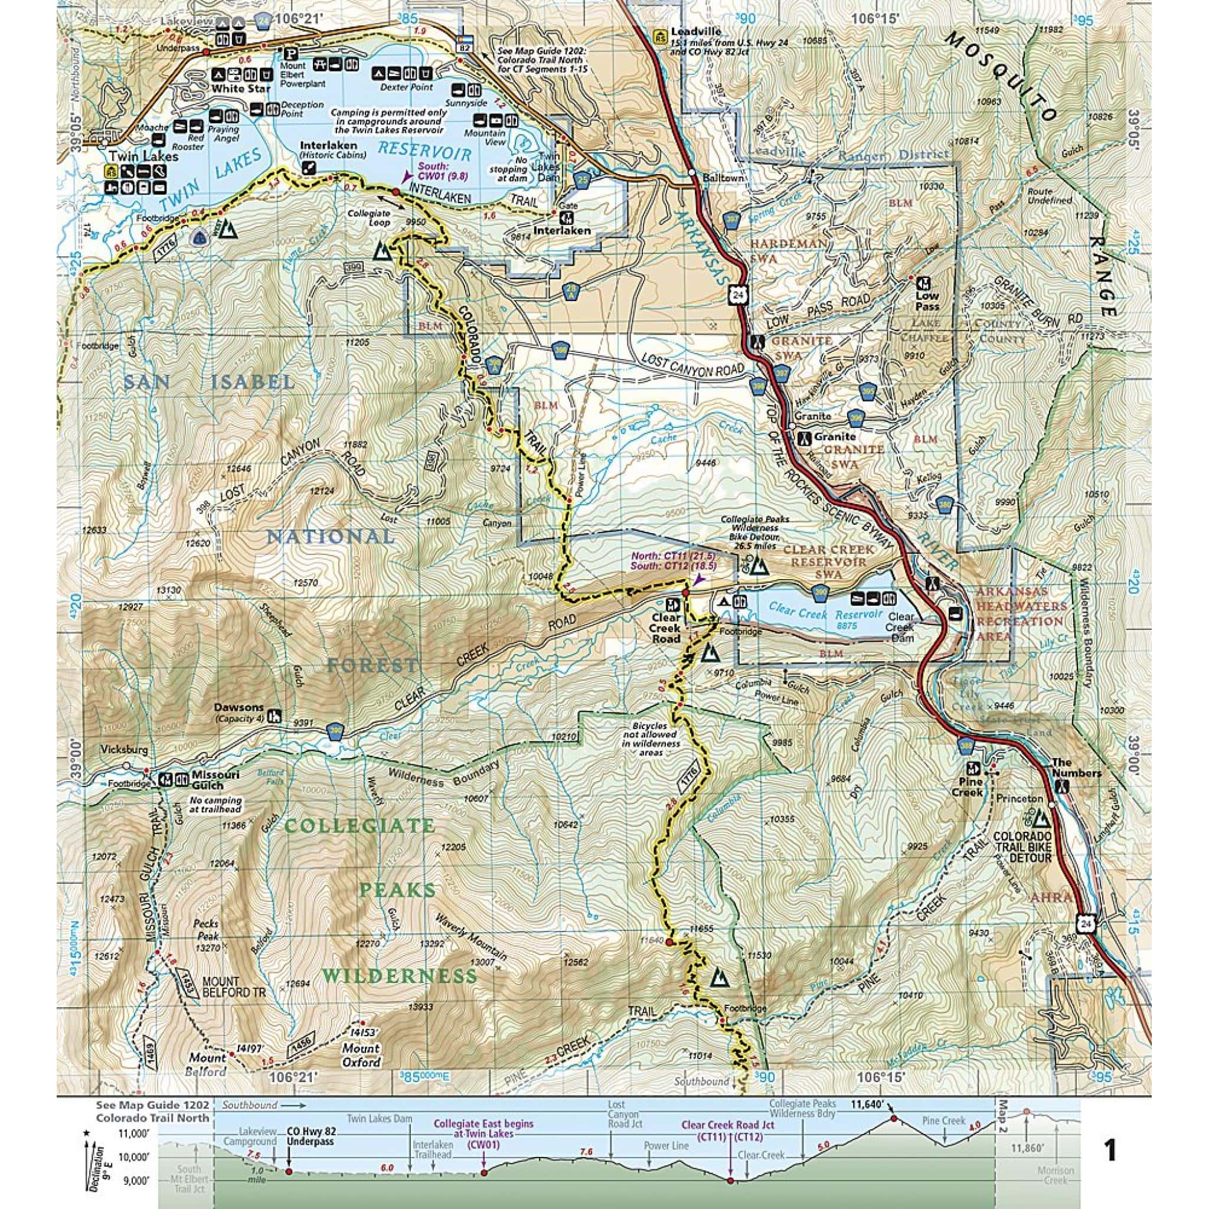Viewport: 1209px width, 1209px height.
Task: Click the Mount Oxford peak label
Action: [361, 1053]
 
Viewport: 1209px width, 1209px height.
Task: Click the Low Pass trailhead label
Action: [927, 302]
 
